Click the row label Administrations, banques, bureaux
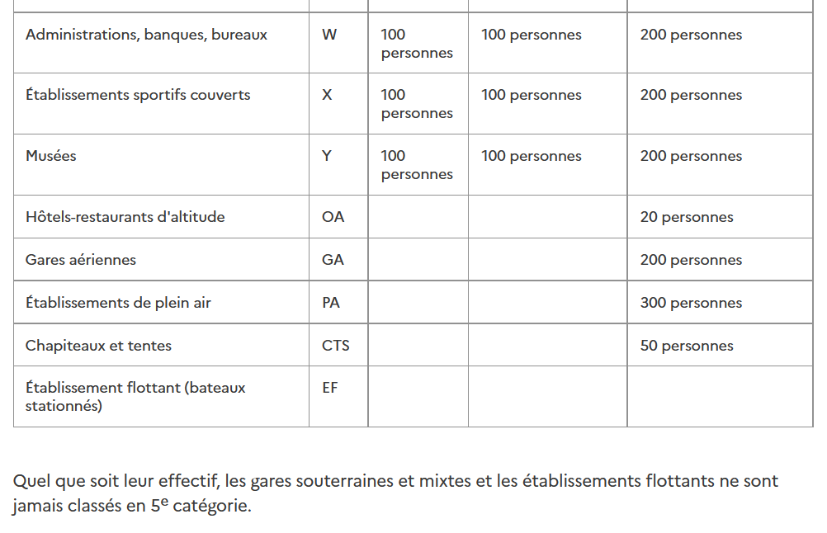[x=146, y=35]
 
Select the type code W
[x=329, y=35]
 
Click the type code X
[x=327, y=95]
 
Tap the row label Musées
[x=51, y=156]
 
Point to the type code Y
[x=327, y=156]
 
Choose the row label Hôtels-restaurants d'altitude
[x=125, y=217]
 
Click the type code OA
[x=333, y=217]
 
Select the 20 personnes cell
[x=687, y=218]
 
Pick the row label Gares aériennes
[x=81, y=260]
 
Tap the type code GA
[x=333, y=260]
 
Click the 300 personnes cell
[x=691, y=304]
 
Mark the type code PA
[x=331, y=303]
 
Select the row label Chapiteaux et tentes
[x=98, y=346]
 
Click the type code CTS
[x=336, y=346]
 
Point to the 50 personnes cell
[x=687, y=347]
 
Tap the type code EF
[x=330, y=388]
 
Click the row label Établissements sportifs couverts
[x=138, y=95]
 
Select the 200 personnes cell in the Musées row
[x=691, y=157]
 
